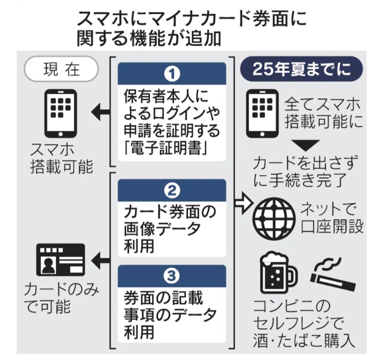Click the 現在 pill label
(x=61, y=70)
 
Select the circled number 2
(x=172, y=191)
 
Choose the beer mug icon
(x=274, y=274)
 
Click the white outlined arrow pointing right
(x=243, y=203)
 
